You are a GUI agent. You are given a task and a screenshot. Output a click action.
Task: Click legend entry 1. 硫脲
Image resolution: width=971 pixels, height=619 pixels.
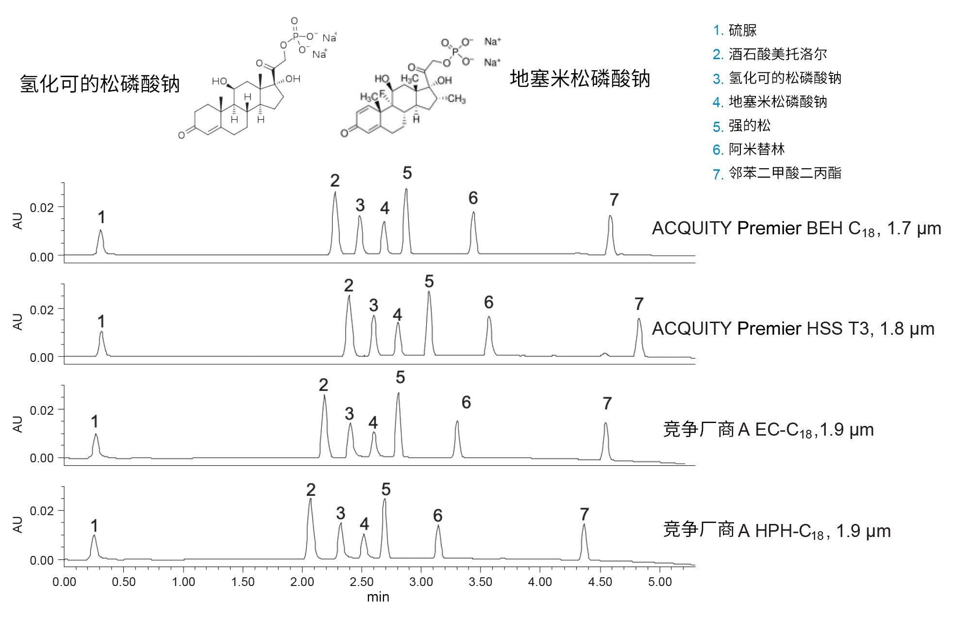click(x=735, y=31)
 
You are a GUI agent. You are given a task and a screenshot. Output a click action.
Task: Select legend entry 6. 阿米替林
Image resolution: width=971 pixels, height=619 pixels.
click(x=748, y=149)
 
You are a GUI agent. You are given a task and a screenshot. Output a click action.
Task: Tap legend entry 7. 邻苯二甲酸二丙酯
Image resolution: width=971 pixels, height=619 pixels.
click(x=777, y=173)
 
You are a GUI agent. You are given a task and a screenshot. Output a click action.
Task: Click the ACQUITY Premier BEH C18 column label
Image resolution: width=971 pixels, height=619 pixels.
click(x=796, y=228)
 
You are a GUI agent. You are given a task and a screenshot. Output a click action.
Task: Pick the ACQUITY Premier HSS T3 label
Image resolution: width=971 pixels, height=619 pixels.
click(x=793, y=329)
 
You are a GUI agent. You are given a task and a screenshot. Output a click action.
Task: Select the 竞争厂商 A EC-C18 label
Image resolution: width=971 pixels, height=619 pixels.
click(x=768, y=430)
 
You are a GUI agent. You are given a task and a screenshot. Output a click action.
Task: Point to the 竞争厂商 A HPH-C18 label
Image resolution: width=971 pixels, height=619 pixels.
click(x=777, y=531)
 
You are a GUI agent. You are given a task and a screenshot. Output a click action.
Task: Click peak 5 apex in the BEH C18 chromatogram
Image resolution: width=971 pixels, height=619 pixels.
click(x=406, y=190)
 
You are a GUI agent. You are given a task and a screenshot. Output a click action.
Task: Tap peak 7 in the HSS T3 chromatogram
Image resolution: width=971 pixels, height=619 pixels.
click(x=639, y=320)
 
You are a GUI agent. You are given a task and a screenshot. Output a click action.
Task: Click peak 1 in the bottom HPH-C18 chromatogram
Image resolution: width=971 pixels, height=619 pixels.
click(x=94, y=537)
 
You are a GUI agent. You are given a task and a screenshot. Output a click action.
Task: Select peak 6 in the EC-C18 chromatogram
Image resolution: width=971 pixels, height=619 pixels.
click(x=457, y=422)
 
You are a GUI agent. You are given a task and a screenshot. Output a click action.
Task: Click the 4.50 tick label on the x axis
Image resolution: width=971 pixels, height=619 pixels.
click(x=600, y=582)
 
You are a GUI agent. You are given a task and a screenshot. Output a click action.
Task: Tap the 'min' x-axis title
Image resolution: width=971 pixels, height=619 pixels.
click(x=378, y=597)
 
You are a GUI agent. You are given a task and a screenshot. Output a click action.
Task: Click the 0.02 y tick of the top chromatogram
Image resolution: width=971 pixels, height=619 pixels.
click(x=42, y=208)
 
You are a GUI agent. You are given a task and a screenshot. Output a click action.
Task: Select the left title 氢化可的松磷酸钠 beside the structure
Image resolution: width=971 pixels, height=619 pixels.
click(x=100, y=84)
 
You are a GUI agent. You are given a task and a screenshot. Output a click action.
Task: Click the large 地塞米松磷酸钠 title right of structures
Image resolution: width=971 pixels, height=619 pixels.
click(x=580, y=79)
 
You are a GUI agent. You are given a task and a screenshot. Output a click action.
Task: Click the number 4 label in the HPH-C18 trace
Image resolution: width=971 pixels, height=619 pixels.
click(x=364, y=524)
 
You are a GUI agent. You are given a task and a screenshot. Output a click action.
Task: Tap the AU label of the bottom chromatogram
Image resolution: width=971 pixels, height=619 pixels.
click(x=18, y=524)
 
